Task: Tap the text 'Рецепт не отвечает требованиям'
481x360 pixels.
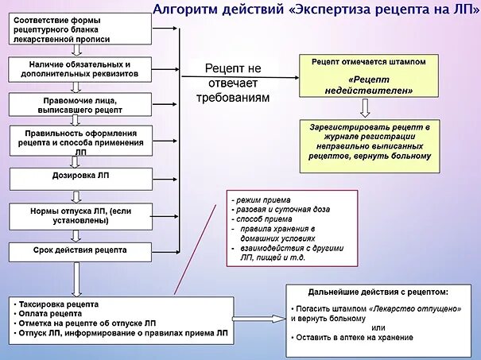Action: point(232,83)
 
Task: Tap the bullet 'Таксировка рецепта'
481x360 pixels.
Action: point(60,305)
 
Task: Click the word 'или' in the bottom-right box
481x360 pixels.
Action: point(378,328)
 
